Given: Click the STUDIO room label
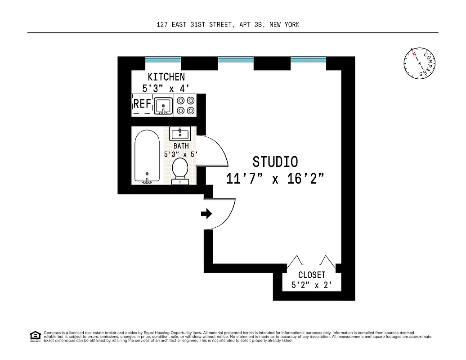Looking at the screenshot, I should tap(275, 162).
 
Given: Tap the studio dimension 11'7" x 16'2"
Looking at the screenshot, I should tap(275, 179).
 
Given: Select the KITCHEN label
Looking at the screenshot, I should tap(166, 77).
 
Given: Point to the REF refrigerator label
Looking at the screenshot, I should tap(142, 104).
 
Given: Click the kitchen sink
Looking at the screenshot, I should tap(163, 106).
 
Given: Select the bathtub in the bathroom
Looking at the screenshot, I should tap(147, 156).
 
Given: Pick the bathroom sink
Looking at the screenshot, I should tap(180, 133).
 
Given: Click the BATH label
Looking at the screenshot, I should tap(181, 146).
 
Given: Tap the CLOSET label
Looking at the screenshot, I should tap(312, 275).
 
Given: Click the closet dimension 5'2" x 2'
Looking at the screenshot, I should tap(312, 285).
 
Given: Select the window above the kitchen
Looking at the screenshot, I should tap(163, 59).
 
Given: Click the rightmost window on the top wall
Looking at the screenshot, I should tap(308, 59).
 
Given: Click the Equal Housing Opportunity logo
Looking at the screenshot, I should tap(35, 336).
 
